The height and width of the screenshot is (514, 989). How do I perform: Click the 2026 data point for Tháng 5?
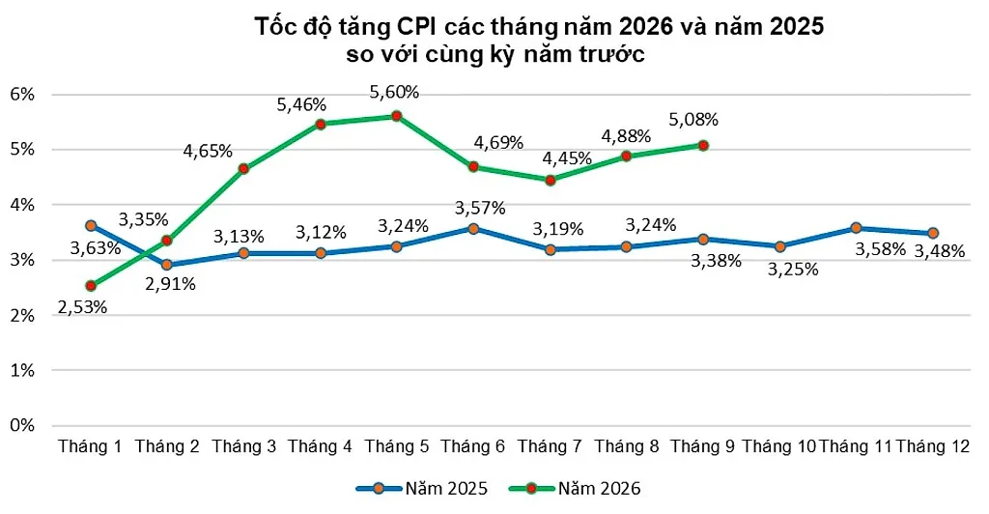pyautogui.click(x=397, y=116)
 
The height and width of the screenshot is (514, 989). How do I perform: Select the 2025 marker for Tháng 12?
pyautogui.click(x=933, y=234)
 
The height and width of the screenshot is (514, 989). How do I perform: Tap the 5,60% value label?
pyautogui.click(x=394, y=92)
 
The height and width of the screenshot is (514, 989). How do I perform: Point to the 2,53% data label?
pyautogui.click(x=82, y=307)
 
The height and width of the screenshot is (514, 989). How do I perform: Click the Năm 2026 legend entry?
pyautogui.click(x=576, y=488)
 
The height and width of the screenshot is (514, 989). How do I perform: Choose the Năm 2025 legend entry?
pyautogui.click(x=422, y=488)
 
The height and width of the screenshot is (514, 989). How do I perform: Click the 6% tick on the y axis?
pyautogui.click(x=22, y=95)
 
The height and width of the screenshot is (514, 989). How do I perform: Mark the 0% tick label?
pyautogui.click(x=22, y=425)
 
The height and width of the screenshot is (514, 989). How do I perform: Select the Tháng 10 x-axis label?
pyautogui.click(x=779, y=446)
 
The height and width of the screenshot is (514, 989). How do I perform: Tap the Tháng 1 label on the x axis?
pyautogui.click(x=90, y=446)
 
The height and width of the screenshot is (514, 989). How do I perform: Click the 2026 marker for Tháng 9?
pyautogui.click(x=703, y=146)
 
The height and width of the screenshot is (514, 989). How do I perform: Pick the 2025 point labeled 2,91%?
pyautogui.click(x=167, y=265)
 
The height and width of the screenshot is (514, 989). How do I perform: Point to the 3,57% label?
pyautogui.click(x=480, y=208)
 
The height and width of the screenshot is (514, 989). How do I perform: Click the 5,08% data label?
pyautogui.click(x=693, y=119)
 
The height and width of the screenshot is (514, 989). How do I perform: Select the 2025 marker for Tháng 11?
pyautogui.click(x=856, y=228)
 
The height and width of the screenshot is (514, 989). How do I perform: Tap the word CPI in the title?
pyautogui.click(x=417, y=27)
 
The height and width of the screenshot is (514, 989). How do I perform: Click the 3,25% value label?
pyautogui.click(x=793, y=270)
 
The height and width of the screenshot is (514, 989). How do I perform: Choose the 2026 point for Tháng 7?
pyautogui.click(x=550, y=181)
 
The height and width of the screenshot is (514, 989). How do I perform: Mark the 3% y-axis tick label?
pyautogui.click(x=22, y=260)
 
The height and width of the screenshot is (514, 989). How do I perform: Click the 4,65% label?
pyautogui.click(x=208, y=151)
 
